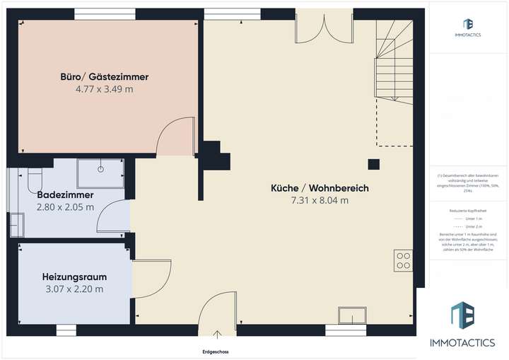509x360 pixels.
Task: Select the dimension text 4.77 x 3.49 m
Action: pos(104,90)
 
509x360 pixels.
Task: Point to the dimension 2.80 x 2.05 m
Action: pos(64,207)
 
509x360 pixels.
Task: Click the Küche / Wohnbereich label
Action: pos(320,188)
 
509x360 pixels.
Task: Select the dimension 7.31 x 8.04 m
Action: pos(320,201)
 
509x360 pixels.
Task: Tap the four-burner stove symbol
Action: pos(404,261)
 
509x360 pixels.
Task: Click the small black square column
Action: pos(373,166)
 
